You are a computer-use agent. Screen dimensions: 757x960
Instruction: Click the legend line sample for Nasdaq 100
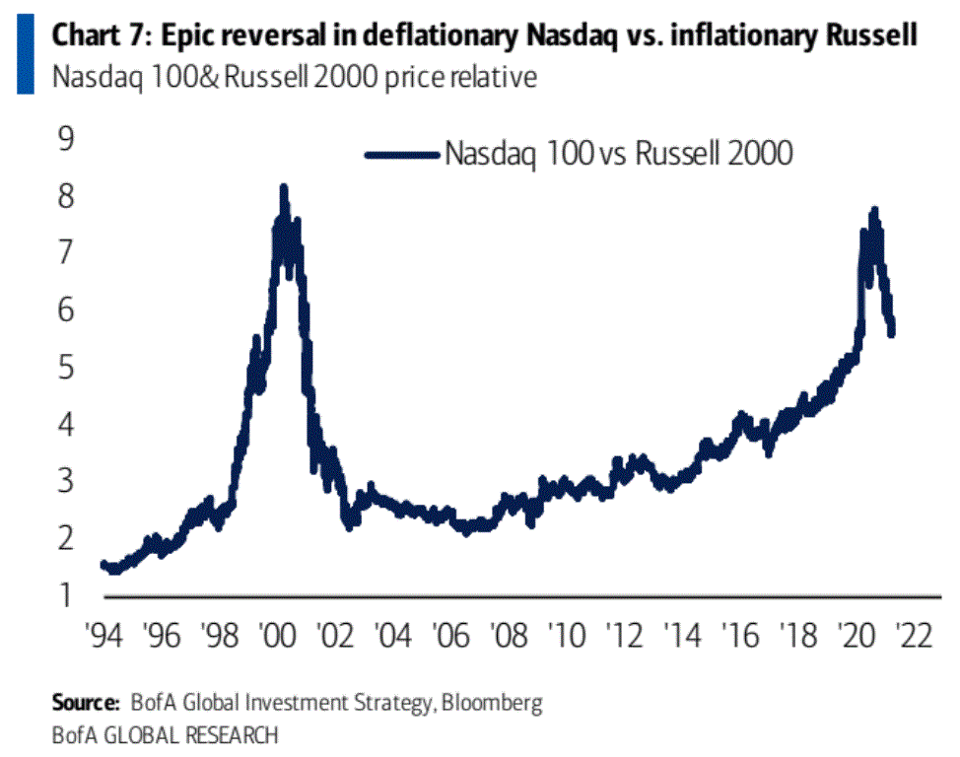click(400, 154)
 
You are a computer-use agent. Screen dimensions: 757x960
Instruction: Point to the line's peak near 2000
click(283, 187)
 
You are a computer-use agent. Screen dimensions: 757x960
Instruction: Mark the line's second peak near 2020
click(873, 210)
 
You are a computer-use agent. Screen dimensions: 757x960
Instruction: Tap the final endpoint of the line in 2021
click(892, 333)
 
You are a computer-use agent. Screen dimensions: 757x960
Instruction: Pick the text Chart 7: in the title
click(94, 37)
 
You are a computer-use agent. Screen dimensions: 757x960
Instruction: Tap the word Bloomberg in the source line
click(493, 704)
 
